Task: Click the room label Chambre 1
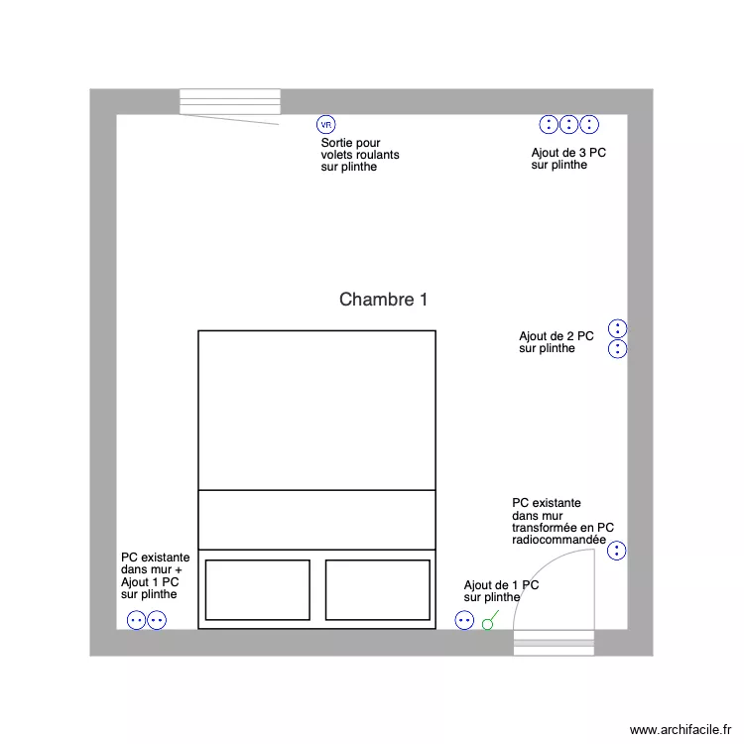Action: (x=384, y=300)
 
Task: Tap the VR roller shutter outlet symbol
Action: (x=326, y=125)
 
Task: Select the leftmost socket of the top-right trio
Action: (x=549, y=124)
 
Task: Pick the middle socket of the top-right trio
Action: (x=569, y=124)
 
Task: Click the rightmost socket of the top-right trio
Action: (x=589, y=124)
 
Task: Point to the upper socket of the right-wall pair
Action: (x=617, y=328)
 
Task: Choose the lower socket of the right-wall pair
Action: (x=617, y=348)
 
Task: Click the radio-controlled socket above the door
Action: (x=617, y=551)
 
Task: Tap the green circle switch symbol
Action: (x=487, y=624)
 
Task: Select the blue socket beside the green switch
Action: (x=464, y=621)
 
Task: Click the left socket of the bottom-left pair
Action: (x=137, y=621)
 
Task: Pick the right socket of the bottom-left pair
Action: (x=157, y=621)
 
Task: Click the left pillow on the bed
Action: (x=257, y=589)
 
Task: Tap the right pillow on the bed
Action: (x=377, y=589)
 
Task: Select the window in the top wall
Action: (x=230, y=102)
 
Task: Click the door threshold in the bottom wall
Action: (x=554, y=644)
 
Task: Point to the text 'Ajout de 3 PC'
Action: (x=568, y=153)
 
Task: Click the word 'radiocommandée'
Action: (x=558, y=541)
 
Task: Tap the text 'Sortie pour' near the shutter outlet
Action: (x=350, y=144)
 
